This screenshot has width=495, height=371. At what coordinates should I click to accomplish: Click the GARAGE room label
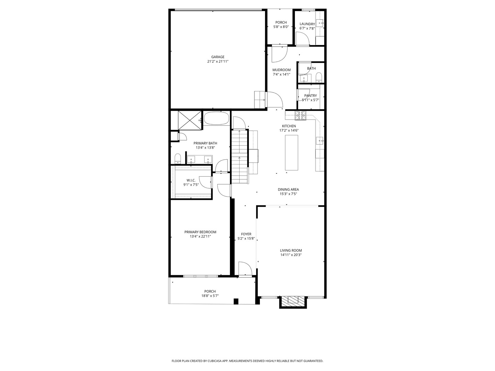218,57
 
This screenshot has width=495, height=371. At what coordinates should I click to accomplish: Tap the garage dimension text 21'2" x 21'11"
218,61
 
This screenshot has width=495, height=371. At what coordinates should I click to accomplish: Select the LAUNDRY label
307,24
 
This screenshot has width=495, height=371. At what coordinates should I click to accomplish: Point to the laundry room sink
320,23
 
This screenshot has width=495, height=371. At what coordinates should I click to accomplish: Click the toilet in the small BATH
319,78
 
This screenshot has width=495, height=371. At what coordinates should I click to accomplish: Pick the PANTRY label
310,96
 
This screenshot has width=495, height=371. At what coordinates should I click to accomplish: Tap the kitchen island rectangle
291,153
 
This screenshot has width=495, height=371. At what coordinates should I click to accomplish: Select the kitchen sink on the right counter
320,140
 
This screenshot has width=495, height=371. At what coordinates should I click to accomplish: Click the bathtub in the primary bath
216,118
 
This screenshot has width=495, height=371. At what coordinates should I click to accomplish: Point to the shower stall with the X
190,120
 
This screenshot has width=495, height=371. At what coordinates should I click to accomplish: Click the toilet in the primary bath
178,159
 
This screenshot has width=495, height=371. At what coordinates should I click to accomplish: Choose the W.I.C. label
191,180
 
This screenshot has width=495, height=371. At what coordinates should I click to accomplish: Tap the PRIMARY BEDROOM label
200,232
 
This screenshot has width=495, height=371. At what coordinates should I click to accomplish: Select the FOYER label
246,234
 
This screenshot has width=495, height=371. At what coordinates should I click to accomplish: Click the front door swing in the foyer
245,268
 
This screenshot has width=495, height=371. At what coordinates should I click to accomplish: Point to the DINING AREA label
288,190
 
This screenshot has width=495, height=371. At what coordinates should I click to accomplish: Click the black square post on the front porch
236,301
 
